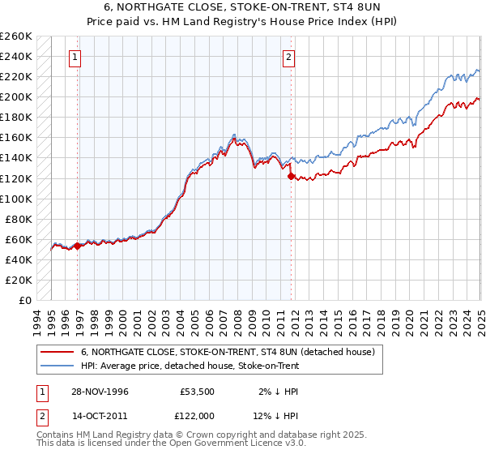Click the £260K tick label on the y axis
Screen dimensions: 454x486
pos(16,36)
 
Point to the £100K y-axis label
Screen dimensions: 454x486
pos(16,199)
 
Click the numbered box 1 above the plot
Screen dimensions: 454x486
pos(75,57)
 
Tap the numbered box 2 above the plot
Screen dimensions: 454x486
pos(288,57)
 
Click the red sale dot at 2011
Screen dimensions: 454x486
pos(290,176)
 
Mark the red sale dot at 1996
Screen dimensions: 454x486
pos(78,246)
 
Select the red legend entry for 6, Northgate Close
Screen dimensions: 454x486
pos(228,353)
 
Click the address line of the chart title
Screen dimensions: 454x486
pos(242,7)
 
